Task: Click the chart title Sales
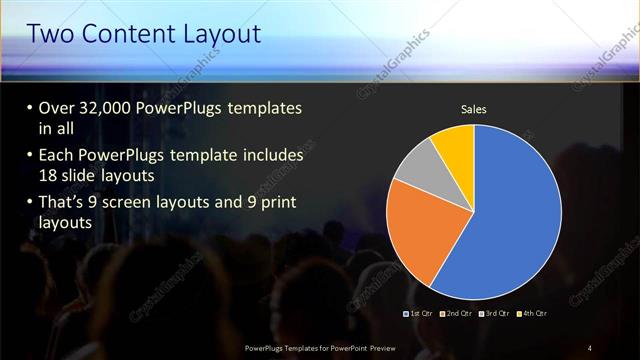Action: pyautogui.click(x=473, y=109)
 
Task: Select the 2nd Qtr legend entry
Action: pyautogui.click(x=459, y=313)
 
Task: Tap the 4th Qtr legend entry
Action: pyautogui.click(x=534, y=313)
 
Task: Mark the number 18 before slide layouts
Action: pyautogui.click(x=49, y=173)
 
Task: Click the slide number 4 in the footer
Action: pyautogui.click(x=590, y=347)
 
